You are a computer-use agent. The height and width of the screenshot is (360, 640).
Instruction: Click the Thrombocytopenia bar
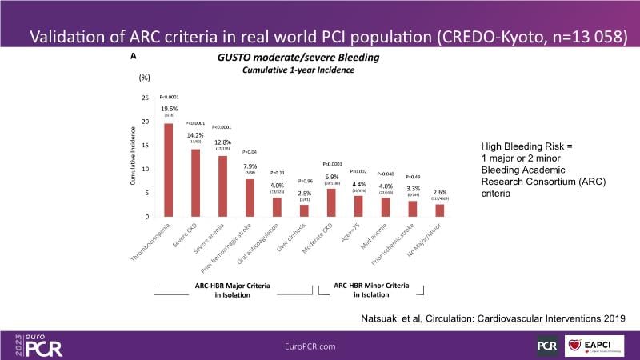click(169, 170)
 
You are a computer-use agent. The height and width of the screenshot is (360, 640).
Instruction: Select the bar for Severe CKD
click(194, 183)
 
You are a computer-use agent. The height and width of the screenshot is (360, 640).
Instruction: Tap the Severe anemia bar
click(222, 186)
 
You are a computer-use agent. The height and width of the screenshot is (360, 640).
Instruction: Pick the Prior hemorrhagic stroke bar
click(249, 198)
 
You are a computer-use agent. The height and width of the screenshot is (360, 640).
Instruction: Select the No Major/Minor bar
click(440, 210)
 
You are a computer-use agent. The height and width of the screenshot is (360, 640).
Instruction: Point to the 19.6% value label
click(168, 109)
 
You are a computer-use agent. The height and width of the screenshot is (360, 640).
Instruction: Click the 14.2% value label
click(194, 134)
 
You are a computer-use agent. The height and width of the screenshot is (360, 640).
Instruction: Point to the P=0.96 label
click(304, 182)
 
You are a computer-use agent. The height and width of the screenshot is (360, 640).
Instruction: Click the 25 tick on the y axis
click(144, 98)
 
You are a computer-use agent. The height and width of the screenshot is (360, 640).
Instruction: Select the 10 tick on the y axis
click(144, 170)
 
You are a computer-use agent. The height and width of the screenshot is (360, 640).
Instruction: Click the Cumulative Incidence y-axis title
click(134, 158)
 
